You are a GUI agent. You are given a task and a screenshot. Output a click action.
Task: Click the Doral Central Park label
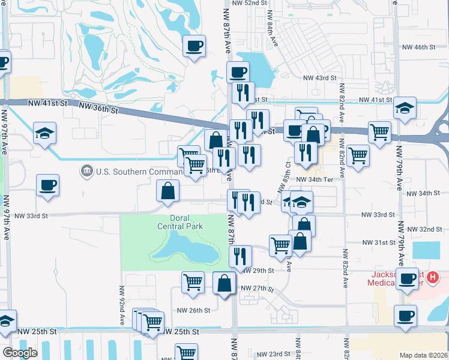pos(180,222)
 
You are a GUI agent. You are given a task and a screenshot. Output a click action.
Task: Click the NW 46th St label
pos(418,47)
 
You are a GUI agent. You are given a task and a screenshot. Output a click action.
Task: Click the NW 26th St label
pos(193,310)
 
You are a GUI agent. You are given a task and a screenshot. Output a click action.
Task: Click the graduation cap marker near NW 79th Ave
pos(405,108)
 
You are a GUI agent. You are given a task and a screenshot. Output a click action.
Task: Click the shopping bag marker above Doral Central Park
pos(169,190)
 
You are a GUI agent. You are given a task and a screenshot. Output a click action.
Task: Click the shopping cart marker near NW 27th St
pos(193,281)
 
